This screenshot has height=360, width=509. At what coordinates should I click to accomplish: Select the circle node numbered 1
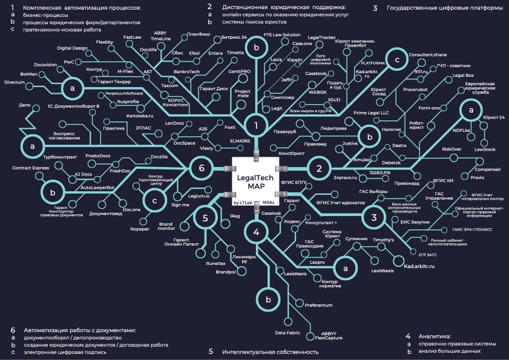(257, 126)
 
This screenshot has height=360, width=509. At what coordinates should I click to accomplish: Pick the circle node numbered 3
(374, 218)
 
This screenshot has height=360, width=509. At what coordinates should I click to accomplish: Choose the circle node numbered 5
(206, 218)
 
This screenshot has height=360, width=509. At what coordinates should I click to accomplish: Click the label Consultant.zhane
(427, 54)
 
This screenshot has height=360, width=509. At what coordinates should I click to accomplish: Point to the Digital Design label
(72, 48)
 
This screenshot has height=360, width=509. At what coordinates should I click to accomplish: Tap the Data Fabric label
(287, 333)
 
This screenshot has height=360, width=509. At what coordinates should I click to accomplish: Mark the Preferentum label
(318, 306)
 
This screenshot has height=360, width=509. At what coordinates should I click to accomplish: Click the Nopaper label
(140, 229)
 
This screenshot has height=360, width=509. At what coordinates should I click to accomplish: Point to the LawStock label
(485, 149)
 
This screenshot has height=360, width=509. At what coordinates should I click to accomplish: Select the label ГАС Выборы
(373, 191)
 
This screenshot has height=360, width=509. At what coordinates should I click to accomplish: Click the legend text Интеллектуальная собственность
(270, 351)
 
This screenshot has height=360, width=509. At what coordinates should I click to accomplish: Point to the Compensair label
(487, 170)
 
